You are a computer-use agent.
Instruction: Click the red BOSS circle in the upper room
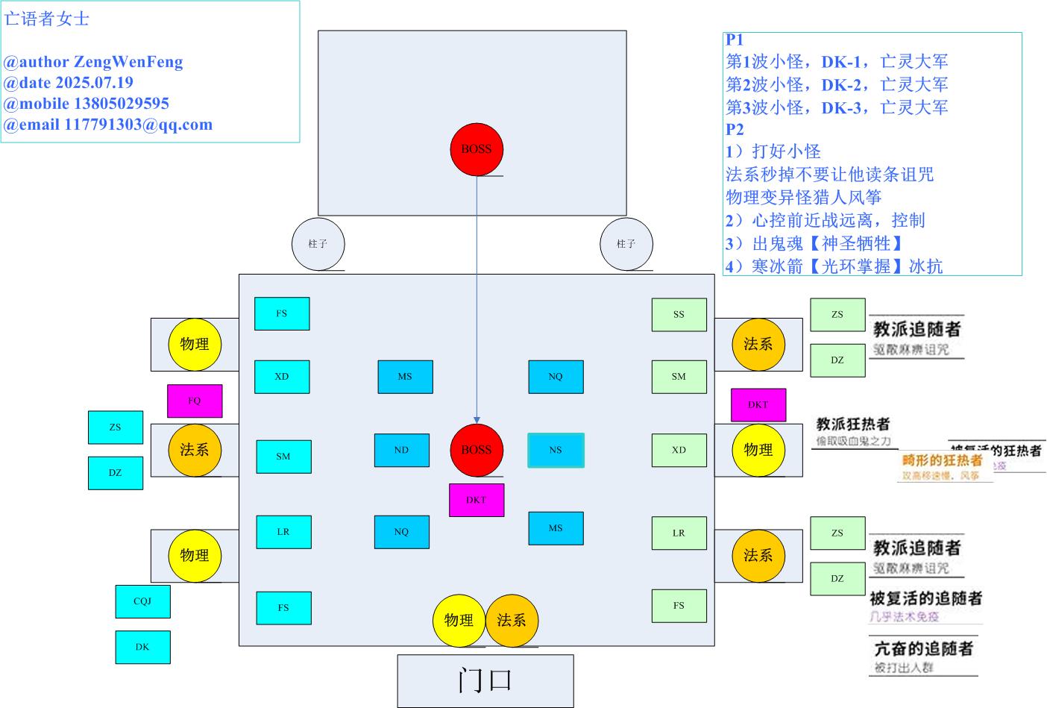pyautogui.click(x=477, y=149)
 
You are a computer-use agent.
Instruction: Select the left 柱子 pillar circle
pyautogui.click(x=318, y=244)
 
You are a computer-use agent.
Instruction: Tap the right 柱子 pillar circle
pyautogui.click(x=626, y=244)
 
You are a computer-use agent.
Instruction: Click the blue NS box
pyautogui.click(x=556, y=451)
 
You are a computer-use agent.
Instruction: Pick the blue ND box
pyautogui.click(x=401, y=451)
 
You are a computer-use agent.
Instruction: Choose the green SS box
pyautogui.click(x=679, y=315)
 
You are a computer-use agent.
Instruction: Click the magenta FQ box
pyautogui.click(x=195, y=401)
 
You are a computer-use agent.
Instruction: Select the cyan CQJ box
pyautogui.click(x=142, y=601)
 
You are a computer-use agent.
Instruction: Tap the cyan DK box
pyautogui.click(x=142, y=648)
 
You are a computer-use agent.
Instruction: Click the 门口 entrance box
pyautogui.click(x=485, y=680)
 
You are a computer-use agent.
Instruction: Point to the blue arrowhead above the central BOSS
pyautogui.click(x=477, y=420)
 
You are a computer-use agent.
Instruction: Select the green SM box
pyautogui.click(x=679, y=377)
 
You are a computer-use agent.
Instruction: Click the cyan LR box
pyautogui.click(x=283, y=533)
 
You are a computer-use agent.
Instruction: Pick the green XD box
pyautogui.click(x=679, y=451)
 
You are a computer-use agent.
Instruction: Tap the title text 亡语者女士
pyautogui.click(x=47, y=19)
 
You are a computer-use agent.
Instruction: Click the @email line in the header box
pyautogui.click(x=108, y=125)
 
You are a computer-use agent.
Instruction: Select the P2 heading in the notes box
pyautogui.click(x=735, y=129)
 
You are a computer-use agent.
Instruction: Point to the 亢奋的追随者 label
pyautogui.click(x=923, y=649)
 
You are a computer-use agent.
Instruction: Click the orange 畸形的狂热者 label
pyautogui.click(x=943, y=461)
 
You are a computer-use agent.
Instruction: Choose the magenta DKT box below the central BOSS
pyautogui.click(x=477, y=501)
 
